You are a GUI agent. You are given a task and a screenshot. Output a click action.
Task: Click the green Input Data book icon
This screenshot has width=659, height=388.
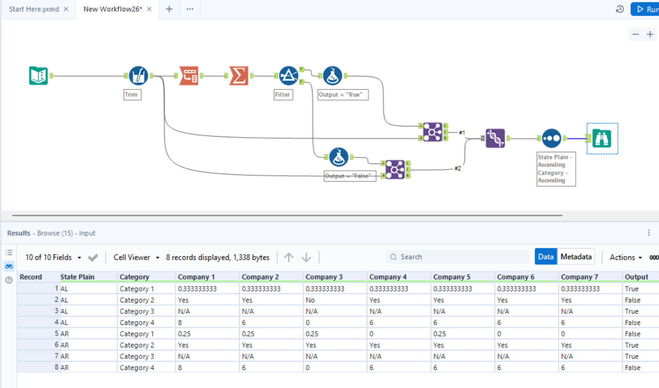pos(38,76)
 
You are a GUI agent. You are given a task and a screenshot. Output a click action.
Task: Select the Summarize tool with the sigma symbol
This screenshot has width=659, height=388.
pos(239,76)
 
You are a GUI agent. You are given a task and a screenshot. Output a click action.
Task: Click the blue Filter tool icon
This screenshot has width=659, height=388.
pos(288,76)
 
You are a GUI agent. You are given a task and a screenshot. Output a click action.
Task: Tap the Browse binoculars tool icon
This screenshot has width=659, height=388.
pos(601,138)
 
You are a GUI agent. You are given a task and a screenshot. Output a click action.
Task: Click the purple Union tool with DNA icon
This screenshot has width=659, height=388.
pos(495,138)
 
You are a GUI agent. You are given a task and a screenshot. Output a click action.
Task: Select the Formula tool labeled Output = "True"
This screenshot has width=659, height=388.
pos(333,76)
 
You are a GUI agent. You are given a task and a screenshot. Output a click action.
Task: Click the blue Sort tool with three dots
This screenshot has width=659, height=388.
pos(551,138)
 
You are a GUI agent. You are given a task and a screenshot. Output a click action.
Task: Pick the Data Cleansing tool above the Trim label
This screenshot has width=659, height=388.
pos(138,76)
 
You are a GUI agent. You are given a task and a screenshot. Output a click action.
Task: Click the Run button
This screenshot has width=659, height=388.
pos(646,9)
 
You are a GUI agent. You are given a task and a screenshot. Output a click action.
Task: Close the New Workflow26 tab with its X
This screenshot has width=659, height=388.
pos(149,9)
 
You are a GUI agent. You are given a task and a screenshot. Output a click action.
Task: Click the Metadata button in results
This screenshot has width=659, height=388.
pos(576,257)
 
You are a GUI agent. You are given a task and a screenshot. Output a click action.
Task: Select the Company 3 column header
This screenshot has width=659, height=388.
pos(323,277)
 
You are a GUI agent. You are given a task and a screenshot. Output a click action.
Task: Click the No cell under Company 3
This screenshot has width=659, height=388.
pos(310,300)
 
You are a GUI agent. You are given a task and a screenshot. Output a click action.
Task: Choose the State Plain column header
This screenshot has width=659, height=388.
pos(78,277)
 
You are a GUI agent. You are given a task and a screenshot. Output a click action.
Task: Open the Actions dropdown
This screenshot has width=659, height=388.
pos(625,257)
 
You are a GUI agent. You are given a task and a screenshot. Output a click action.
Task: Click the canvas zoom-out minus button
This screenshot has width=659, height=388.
pos(635,34)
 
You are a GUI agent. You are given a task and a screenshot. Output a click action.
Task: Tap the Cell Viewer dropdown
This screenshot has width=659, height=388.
pos(136,257)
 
